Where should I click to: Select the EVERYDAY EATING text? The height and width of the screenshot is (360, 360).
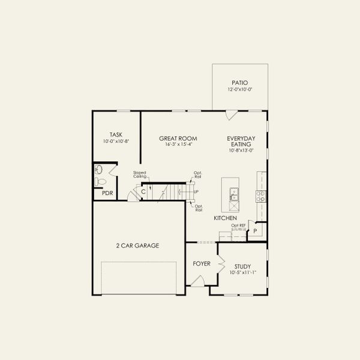pos(241,142)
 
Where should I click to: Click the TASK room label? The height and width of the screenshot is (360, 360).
pos(116,135)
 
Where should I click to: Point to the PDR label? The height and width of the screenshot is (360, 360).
pos(107,193)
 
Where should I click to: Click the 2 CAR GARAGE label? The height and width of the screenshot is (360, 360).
pos(137,245)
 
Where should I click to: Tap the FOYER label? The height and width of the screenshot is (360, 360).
pos(201,264)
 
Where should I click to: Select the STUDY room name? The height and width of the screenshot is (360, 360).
pos(242,266)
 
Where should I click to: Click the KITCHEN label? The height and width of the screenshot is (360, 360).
pos(225,218)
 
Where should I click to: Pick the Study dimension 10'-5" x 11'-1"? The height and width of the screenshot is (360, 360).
pos(242,273)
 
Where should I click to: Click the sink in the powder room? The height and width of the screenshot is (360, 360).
pos(98,169)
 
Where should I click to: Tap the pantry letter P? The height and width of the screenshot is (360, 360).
pos(254,231)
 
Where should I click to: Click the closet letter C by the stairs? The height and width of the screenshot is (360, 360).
pos(143,192)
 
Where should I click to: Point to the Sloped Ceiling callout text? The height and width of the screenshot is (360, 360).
pos(140,175)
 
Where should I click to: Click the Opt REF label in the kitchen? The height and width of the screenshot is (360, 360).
pos(239,225)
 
